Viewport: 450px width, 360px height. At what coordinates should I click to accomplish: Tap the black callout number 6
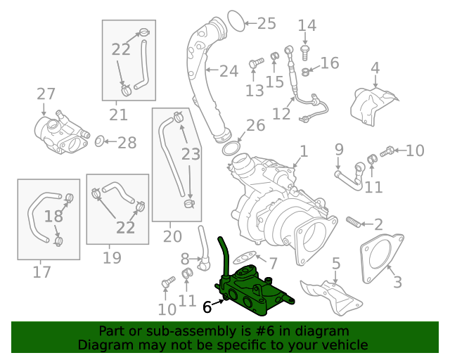pyautogui.click(x=207, y=307)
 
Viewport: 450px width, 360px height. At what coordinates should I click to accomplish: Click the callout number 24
pyautogui.click(x=228, y=71)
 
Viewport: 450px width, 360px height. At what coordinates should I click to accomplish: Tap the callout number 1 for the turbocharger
pyautogui.click(x=303, y=151)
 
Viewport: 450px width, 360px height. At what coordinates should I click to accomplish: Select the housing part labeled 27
pyautogui.click(x=60, y=131)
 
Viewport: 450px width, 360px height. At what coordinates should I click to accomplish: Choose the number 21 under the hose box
pyautogui.click(x=118, y=115)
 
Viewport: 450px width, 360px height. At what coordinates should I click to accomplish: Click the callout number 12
pyautogui.click(x=281, y=114)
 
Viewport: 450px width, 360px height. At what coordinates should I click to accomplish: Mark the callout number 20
pyautogui.click(x=172, y=236)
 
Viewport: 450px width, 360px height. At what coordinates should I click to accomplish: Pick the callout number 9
pyautogui.click(x=339, y=150)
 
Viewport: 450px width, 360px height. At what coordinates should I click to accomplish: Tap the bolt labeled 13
pyautogui.click(x=255, y=64)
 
